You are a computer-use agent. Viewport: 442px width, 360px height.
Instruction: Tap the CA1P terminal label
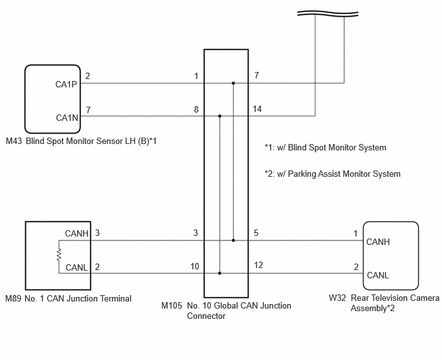[x=66, y=84]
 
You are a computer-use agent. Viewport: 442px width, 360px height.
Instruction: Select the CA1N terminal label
[x=67, y=118]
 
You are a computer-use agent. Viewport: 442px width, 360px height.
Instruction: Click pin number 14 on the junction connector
[x=257, y=109]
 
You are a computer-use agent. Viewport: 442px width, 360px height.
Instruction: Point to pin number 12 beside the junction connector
[x=258, y=265]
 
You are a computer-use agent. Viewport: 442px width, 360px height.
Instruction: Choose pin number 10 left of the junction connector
[x=195, y=266]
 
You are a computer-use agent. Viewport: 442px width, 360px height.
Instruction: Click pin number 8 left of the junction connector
[x=196, y=109]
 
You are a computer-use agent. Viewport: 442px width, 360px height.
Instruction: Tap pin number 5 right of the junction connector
[x=256, y=233]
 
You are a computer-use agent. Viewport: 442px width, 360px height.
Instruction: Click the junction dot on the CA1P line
[x=233, y=83]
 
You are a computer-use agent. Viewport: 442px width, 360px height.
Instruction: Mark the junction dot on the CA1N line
[x=220, y=116]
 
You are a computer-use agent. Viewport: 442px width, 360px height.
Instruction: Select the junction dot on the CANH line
[x=233, y=240]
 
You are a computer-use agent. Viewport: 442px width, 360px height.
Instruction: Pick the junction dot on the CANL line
[x=220, y=273]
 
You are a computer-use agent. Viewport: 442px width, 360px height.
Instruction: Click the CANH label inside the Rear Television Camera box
[x=378, y=242]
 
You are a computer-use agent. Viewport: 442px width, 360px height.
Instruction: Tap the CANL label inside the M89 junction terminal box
[x=76, y=267]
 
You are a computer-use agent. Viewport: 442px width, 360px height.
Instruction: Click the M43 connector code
[x=13, y=141]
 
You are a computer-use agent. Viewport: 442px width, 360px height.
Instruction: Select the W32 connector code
[x=337, y=298]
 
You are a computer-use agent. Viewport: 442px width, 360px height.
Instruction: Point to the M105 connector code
[x=172, y=305]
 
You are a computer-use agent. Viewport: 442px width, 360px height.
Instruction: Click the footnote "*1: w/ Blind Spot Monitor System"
[x=325, y=148]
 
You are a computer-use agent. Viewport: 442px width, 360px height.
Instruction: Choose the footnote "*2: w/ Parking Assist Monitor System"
[x=332, y=174]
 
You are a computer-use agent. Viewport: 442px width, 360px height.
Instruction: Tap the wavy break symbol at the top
[x=328, y=14]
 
